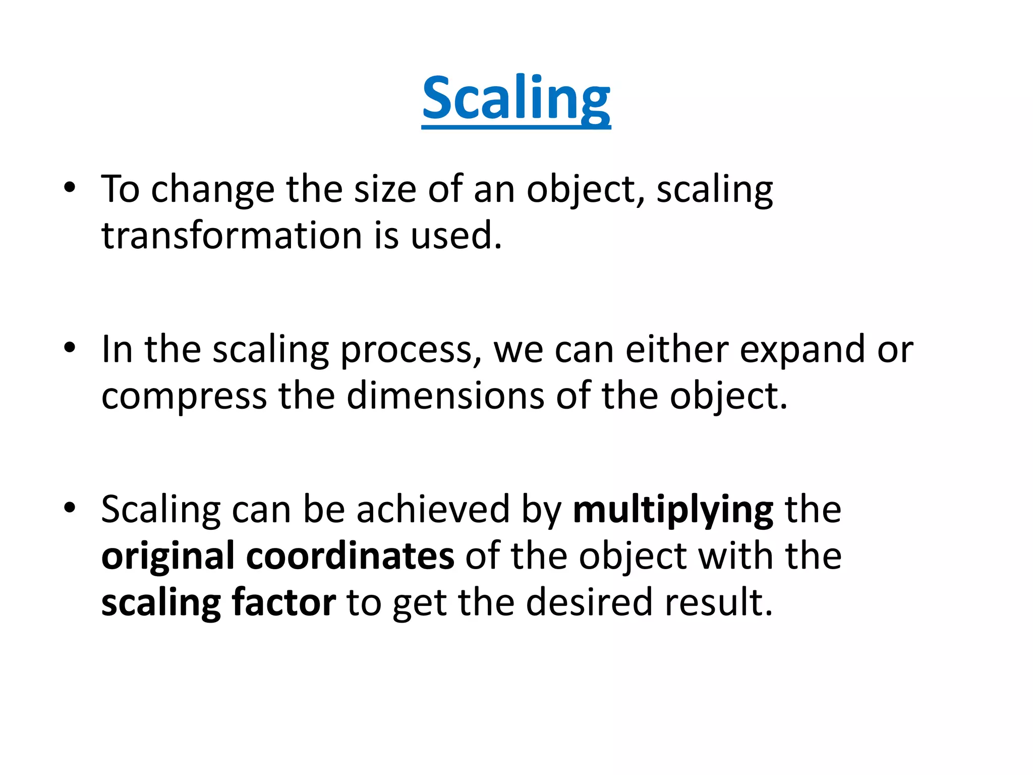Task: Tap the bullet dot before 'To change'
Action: (70, 188)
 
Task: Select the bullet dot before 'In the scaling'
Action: (70, 348)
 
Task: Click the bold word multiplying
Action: (673, 511)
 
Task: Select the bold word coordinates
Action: (350, 556)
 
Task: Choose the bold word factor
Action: (283, 602)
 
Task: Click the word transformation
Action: (232, 236)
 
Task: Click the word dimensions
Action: (445, 396)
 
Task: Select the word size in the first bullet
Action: (385, 189)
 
